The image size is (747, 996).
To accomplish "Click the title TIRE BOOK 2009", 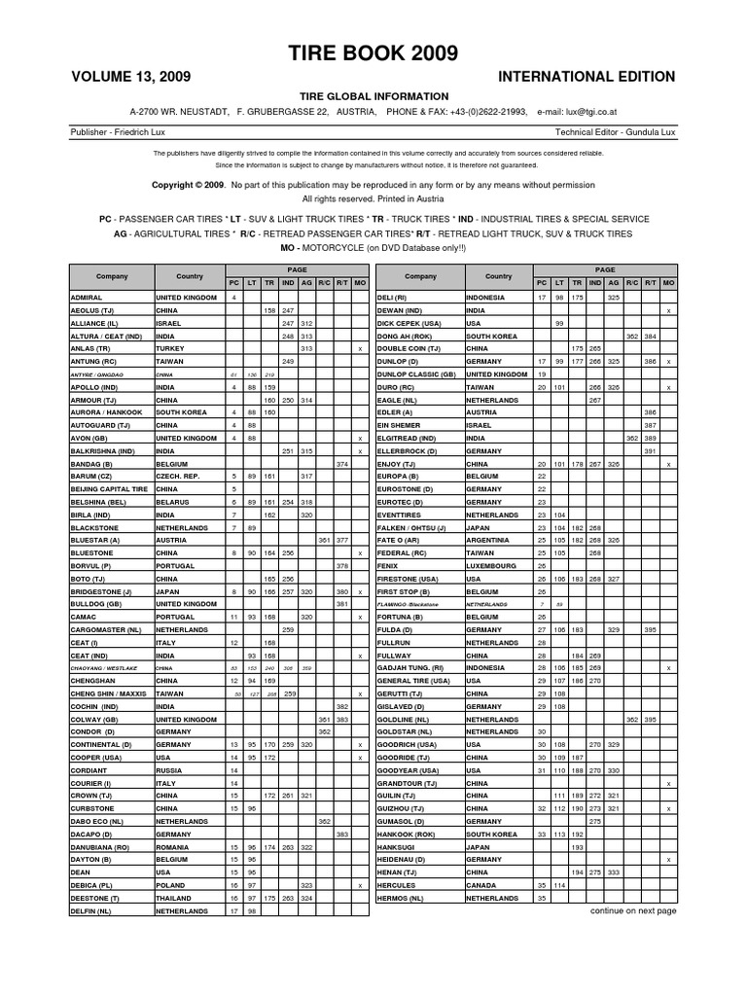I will click(373, 53).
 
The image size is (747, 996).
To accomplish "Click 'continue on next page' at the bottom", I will click(633, 911).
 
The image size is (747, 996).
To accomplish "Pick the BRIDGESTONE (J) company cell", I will click(102, 590).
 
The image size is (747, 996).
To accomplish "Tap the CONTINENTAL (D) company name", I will click(103, 741).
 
